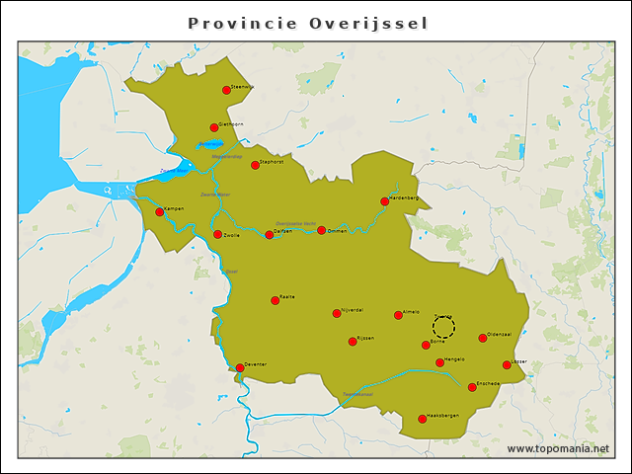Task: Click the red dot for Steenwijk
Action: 226,90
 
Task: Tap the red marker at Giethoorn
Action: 213,127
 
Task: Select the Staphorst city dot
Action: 255,165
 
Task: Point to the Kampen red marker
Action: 159,211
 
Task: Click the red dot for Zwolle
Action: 217,234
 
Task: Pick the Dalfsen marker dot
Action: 269,234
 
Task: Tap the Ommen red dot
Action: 321,230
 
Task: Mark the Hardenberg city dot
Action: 384,201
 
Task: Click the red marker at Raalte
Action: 276,300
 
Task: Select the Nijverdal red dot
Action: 337,313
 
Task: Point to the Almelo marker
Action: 398,315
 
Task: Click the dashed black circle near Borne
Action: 443,327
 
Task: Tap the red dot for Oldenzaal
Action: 483,338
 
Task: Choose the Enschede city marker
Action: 472,387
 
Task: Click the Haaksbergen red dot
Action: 422,419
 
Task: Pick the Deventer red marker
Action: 240,367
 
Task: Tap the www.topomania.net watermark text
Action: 558,448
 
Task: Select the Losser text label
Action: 518,361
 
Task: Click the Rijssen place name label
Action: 365,338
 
